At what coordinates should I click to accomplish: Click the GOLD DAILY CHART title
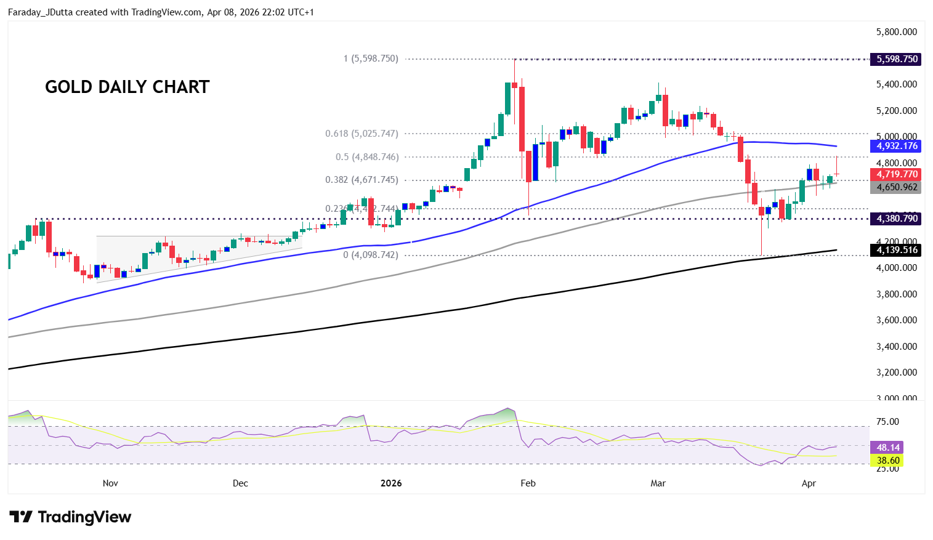[x=127, y=87]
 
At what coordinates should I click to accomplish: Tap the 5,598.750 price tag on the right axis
[x=897, y=59]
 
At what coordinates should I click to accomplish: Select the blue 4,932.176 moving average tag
[x=897, y=146]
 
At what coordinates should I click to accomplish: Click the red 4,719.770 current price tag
[x=897, y=174]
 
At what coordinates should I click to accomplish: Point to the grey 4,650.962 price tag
[x=897, y=187]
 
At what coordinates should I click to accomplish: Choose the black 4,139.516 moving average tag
[x=897, y=250]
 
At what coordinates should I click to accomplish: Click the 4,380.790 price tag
[x=897, y=219]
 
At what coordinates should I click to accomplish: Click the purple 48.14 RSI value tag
[x=887, y=448]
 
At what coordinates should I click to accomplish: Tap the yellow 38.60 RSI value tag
[x=887, y=461]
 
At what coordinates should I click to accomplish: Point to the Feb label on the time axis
[x=528, y=483]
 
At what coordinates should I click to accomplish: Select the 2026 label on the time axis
[x=391, y=483]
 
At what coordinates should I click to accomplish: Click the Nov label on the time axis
[x=110, y=483]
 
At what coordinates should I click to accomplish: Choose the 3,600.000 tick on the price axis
[x=896, y=320]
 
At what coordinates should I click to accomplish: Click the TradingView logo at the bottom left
[x=70, y=517]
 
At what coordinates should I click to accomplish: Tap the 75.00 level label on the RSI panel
[x=887, y=422]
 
